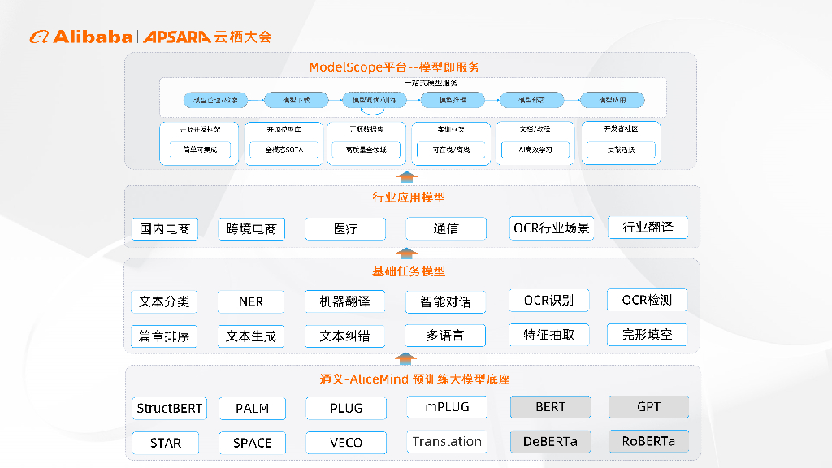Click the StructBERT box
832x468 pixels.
[169, 408]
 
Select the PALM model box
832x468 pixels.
[252, 408]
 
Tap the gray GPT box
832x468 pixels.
[648, 407]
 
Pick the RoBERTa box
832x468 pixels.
[648, 442]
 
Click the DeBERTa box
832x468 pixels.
[550, 442]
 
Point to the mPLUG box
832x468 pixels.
[446, 407]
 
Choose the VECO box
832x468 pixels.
[346, 443]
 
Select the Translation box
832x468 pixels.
[446, 442]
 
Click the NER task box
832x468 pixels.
[251, 301]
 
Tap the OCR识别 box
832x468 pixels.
[548, 301]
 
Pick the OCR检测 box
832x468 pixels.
[647, 301]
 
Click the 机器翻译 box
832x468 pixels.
[345, 301]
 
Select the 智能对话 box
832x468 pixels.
[445, 301]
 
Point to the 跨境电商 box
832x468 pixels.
[251, 229]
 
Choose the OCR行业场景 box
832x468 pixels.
[551, 228]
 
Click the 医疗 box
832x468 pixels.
[345, 229]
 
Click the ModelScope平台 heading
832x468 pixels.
[394, 67]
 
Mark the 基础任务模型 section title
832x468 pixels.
[409, 271]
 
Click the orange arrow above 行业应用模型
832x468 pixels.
[409, 177]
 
